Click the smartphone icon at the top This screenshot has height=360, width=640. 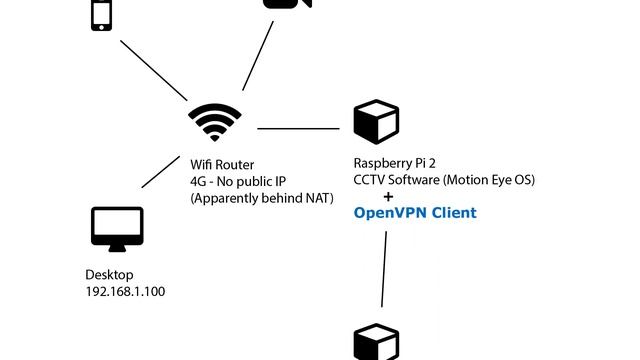(x=101, y=14)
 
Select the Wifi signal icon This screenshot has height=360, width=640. (x=215, y=122)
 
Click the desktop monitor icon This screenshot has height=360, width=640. (x=117, y=229)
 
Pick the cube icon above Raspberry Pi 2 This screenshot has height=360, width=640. (x=376, y=121)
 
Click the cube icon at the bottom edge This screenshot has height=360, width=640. (x=376, y=343)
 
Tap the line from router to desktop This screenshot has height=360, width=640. (x=161, y=172)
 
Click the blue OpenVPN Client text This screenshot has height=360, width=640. (x=415, y=213)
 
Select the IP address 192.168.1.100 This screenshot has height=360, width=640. (x=125, y=291)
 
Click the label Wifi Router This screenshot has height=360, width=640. (x=222, y=164)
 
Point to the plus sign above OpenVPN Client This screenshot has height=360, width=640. (x=388, y=197)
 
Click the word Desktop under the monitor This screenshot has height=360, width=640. (x=109, y=274)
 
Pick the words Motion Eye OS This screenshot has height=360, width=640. (x=491, y=181)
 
